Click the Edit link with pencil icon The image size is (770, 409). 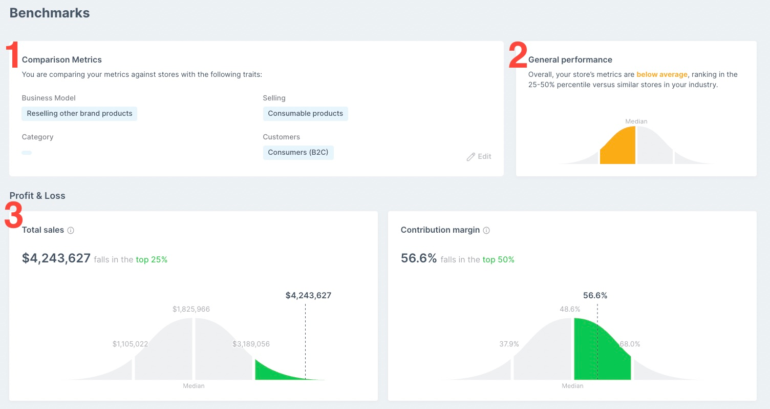click(x=479, y=157)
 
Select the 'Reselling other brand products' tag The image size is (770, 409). click(x=79, y=114)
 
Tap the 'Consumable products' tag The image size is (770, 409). click(x=305, y=114)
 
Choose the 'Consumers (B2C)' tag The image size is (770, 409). click(x=298, y=153)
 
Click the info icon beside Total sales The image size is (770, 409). click(x=71, y=231)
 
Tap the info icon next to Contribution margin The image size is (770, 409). click(x=486, y=231)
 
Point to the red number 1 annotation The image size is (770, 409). click(x=12, y=55)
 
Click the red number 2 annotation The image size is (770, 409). click(x=518, y=55)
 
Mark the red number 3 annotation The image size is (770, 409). click(x=13, y=216)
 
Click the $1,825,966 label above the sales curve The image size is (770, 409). click(x=191, y=310)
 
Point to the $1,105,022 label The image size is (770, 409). click(x=130, y=344)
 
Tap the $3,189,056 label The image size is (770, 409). click(x=251, y=344)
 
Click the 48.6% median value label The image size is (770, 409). click(x=570, y=310)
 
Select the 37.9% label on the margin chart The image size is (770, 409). click(x=509, y=344)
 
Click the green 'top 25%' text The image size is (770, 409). click(x=152, y=260)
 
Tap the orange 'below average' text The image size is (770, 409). click(x=661, y=75)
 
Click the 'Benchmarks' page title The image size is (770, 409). click(x=50, y=13)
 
